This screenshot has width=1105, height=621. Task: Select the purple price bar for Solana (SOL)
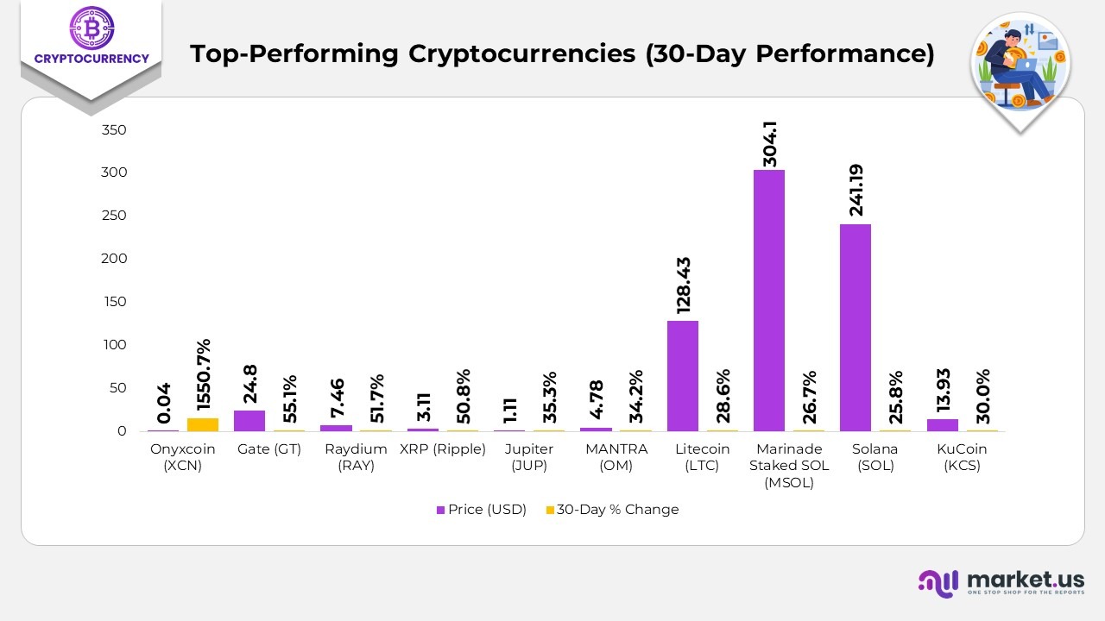coord(855,328)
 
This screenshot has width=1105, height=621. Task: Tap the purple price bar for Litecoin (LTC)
coord(682,376)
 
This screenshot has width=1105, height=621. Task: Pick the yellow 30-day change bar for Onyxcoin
coord(203,424)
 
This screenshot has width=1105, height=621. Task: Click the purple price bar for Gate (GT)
coord(249,421)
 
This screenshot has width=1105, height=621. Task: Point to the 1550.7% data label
coord(204,376)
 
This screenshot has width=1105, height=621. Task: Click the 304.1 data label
coord(769,142)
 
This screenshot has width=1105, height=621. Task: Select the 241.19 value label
coord(856,191)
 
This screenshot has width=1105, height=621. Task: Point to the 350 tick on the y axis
coord(114,130)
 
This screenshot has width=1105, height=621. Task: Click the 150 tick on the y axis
coord(114,302)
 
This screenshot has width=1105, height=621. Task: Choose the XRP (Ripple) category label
coord(443,449)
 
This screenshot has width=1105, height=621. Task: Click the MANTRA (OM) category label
coord(616,457)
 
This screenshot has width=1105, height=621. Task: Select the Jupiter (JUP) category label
coord(529,457)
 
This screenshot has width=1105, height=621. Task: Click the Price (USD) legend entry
coord(481,510)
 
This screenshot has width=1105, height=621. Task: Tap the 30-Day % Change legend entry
coord(612,510)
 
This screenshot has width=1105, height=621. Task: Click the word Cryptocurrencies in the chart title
coord(521,53)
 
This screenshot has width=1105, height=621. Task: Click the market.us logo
coord(1001,582)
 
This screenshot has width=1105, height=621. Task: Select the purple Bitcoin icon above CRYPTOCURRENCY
coord(91,28)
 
